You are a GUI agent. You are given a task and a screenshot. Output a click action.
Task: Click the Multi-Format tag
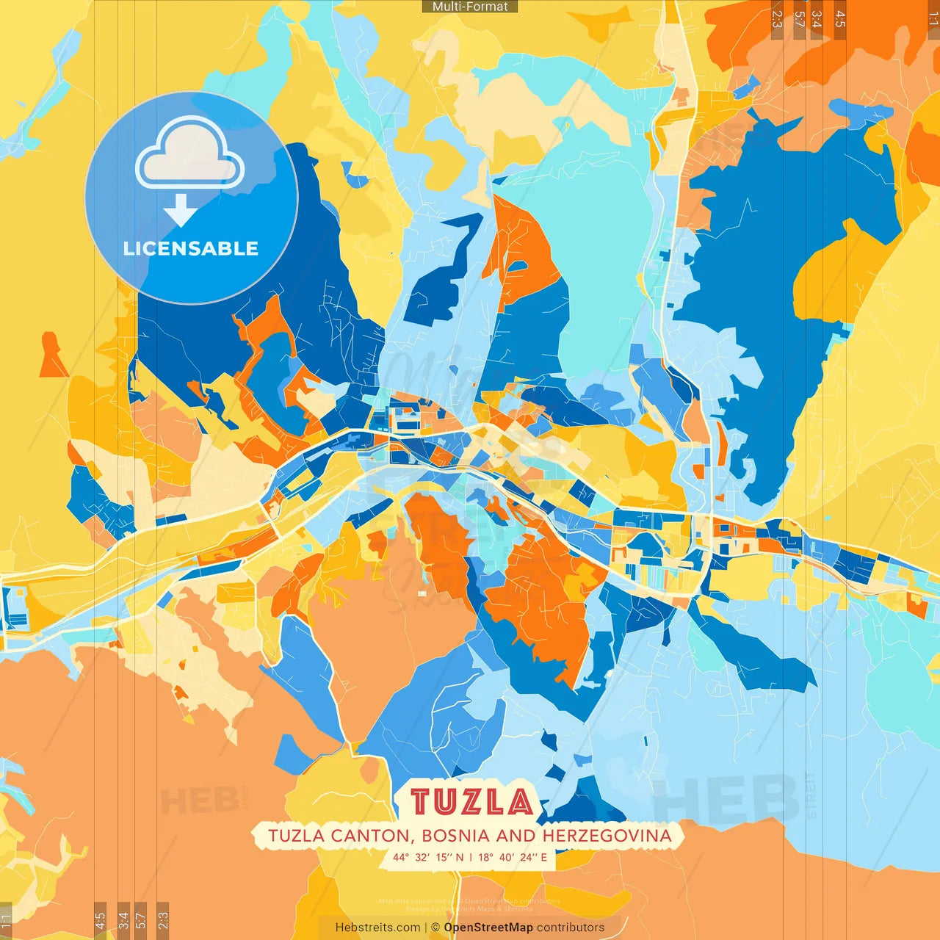470,7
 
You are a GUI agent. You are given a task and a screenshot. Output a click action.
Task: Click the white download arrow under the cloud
180,210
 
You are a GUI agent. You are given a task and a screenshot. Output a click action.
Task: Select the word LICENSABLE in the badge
191,249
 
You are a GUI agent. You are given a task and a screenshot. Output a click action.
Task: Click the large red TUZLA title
471,802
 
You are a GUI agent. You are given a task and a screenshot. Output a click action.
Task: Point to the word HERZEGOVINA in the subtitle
607,836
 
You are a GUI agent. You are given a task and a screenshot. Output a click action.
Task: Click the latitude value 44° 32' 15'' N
428,857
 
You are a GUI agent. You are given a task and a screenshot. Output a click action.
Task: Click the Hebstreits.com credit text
377,928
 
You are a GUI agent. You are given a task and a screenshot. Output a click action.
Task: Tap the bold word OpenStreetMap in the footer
488,928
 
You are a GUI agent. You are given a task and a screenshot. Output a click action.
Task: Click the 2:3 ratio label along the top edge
777,19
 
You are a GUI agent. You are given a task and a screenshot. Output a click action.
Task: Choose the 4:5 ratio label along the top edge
840,19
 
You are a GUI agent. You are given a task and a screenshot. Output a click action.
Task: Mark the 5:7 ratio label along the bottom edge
141,919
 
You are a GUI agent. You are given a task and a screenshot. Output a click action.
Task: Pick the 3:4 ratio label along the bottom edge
123,919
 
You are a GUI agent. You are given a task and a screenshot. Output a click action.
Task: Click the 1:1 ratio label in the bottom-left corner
6,919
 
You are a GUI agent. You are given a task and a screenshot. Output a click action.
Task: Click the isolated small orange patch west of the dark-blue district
52,355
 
